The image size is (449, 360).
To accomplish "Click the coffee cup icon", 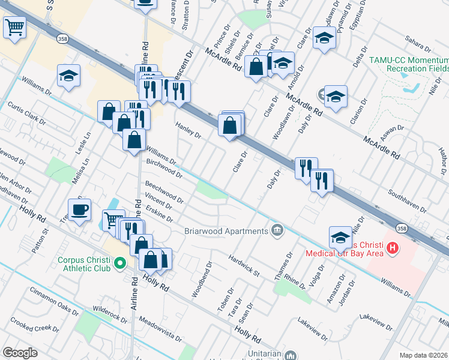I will [79, 211].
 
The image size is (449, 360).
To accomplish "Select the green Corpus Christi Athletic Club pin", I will [119, 262].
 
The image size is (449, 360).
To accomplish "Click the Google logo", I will [20, 352].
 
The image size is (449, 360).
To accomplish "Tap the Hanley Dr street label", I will [188, 130].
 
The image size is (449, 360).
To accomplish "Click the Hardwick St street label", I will [243, 265].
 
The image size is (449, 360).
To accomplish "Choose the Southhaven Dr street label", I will [407, 202].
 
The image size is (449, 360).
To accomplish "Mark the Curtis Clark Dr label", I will [26, 113].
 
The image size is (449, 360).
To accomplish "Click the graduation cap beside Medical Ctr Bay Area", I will [340, 237].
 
